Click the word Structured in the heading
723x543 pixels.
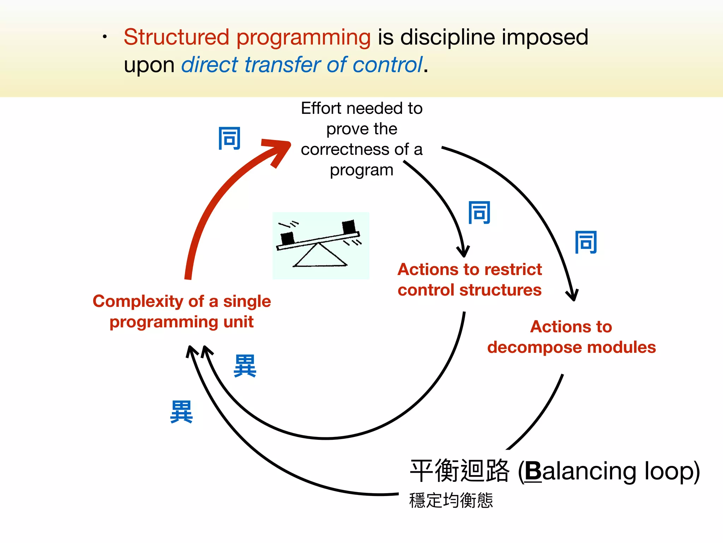coord(176,37)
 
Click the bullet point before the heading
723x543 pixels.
coord(104,37)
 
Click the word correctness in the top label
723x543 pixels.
coord(345,150)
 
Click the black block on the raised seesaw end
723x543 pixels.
coord(349,227)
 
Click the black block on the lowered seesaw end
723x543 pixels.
coord(287,238)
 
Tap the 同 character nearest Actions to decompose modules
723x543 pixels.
coord(586,242)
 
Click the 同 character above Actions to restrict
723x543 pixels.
coord(479,212)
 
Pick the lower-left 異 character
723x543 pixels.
coord(181,412)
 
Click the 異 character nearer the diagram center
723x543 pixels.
coord(245,366)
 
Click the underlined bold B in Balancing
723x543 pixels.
coord(533,471)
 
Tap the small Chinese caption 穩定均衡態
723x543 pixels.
coord(451,501)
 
